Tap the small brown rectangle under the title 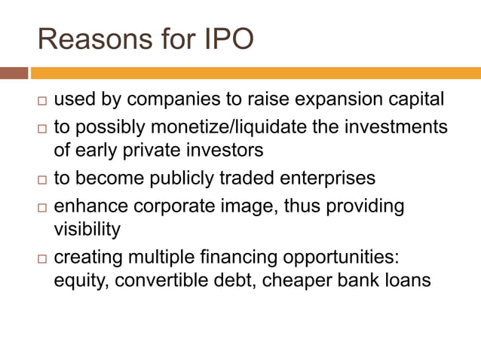point(14,73)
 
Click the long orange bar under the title point(256,73)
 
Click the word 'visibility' point(87,229)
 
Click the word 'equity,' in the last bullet point(80,282)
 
